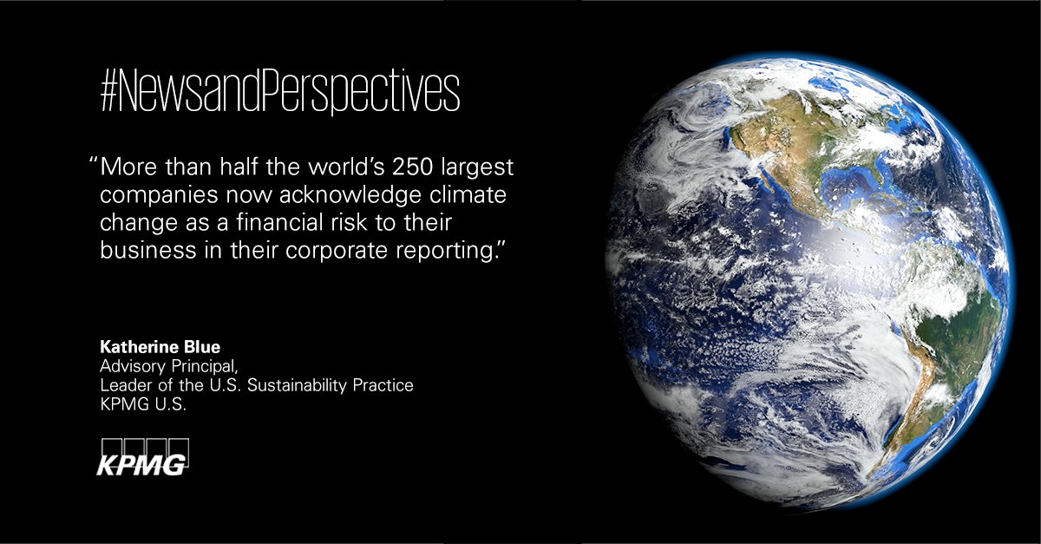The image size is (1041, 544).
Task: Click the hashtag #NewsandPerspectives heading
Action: (279, 94)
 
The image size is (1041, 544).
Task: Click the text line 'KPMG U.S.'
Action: (137, 402)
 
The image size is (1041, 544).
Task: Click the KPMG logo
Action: (141, 459)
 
